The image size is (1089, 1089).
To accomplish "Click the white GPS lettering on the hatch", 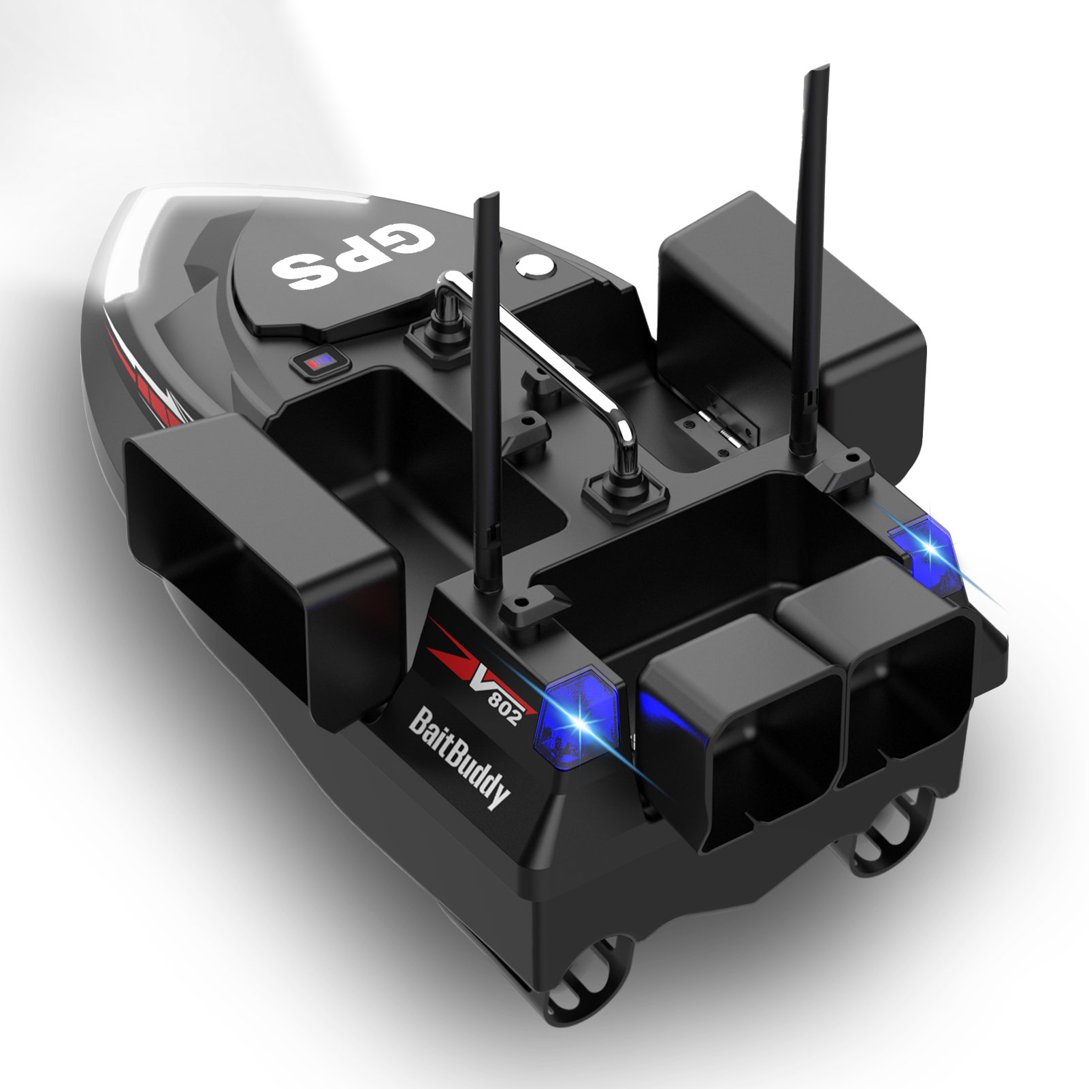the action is point(353,255).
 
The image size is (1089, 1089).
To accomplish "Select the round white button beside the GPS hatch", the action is point(536,265).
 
